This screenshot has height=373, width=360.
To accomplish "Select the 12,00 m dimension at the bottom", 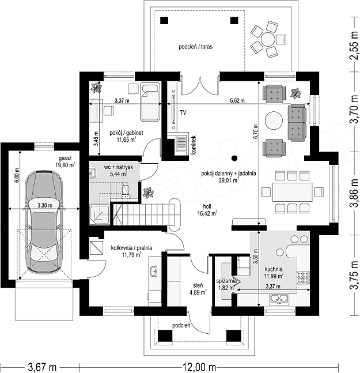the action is pyautogui.click(x=199, y=367).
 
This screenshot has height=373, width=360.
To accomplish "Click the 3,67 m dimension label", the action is pyautogui.click(x=42, y=367).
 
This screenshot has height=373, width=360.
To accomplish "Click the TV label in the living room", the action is pyautogui.click(x=183, y=112).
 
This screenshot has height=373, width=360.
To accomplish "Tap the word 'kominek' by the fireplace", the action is pyautogui.click(x=194, y=145).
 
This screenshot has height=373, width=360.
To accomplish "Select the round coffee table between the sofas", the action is pyautogui.click(x=274, y=120).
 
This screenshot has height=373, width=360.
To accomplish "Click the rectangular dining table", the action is pyautogui.click(x=292, y=192).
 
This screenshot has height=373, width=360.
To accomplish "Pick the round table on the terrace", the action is pyautogui.click(x=268, y=39).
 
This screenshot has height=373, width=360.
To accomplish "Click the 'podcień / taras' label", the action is pyautogui.click(x=195, y=47).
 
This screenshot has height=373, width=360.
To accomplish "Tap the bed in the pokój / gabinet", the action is pyautogui.click(x=150, y=102).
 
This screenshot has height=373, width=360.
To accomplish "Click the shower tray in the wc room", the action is pyautogui.click(x=99, y=215).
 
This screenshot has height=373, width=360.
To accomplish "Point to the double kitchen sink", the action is pyautogui.click(x=279, y=299).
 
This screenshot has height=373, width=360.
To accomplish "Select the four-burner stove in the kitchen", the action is pyautogui.click(x=303, y=278).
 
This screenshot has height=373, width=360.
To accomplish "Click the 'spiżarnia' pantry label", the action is pyautogui.click(x=226, y=281).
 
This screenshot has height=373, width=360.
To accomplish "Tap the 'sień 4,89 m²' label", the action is pyautogui.click(x=198, y=289).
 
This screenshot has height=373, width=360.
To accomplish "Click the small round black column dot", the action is pyautogui.click(x=234, y=158).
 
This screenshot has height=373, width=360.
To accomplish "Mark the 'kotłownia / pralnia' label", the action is pyautogui.click(x=131, y=248).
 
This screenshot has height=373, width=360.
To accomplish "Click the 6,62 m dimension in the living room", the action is pyautogui.click(x=237, y=101).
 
